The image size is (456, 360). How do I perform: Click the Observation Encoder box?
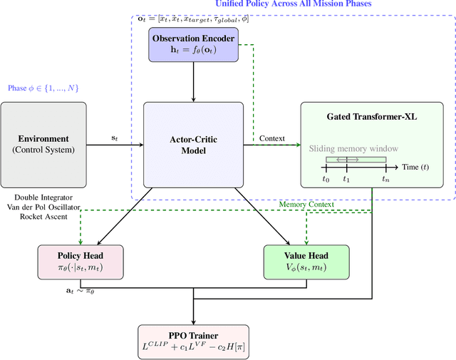(194, 44)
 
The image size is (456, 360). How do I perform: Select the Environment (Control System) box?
(43, 144)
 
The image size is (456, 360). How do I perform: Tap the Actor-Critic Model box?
(194, 145)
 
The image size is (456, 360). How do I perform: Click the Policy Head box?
(80, 262)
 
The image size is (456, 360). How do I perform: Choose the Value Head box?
(306, 262)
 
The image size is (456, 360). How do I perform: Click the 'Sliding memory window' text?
(353, 149)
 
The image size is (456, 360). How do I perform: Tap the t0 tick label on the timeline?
(326, 180)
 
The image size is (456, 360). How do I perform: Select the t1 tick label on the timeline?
(346, 180)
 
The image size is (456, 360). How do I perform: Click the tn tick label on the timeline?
(385, 180)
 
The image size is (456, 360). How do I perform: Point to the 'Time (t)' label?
(415, 166)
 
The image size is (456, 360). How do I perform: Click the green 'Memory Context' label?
(307, 205)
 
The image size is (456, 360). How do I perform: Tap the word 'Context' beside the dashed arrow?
(272, 138)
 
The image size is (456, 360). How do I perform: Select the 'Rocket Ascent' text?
(43, 216)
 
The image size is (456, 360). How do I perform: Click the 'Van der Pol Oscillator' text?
(43, 206)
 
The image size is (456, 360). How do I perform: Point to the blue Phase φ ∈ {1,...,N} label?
(43, 88)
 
